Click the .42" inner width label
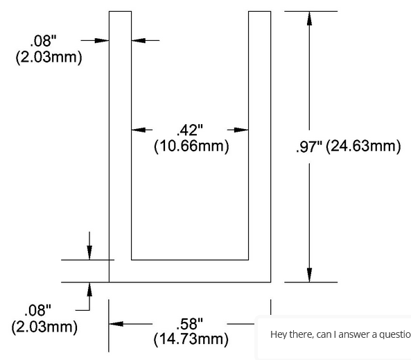tap(190, 130)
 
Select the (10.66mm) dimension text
tap(191, 146)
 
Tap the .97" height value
tap(309, 146)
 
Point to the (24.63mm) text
tap(363, 146)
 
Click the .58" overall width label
tap(190, 324)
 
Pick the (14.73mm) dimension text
tap(191, 339)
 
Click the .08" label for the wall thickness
tap(43, 41)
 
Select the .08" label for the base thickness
tap(37, 311)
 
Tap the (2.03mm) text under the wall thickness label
tap(49, 57)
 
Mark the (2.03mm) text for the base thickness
tap(44, 327)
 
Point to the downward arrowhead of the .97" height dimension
tap(310, 275)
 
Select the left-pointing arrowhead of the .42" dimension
tap(138, 130)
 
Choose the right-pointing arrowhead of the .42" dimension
tap(241, 130)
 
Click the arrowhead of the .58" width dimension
tap(116, 324)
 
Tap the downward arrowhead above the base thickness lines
tap(89, 252)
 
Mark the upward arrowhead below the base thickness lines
tap(89, 289)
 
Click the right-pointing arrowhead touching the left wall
tap(102, 40)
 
